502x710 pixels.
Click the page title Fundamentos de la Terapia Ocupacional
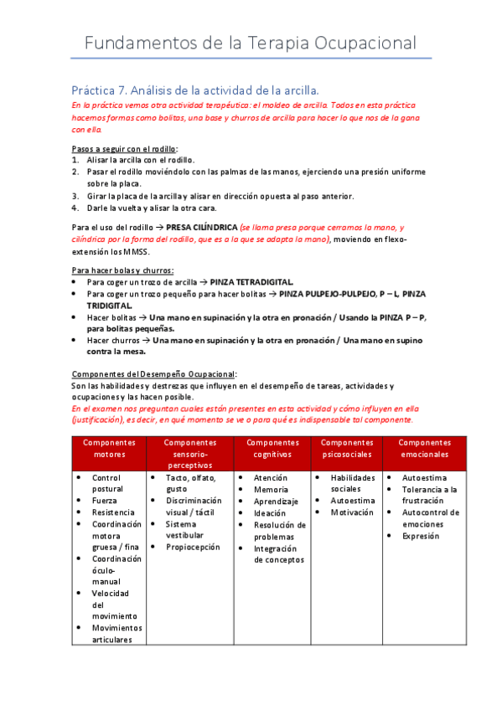251,43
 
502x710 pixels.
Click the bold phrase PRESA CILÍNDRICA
201,227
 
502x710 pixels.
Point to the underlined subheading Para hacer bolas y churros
122,270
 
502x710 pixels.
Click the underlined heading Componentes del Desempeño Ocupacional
153,373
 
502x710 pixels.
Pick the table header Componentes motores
109,448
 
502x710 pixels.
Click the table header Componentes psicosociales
347,448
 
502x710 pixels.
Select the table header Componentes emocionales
424,448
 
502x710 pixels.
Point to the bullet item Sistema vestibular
186,529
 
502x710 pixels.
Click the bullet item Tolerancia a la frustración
429,495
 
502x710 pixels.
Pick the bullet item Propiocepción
193,547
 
